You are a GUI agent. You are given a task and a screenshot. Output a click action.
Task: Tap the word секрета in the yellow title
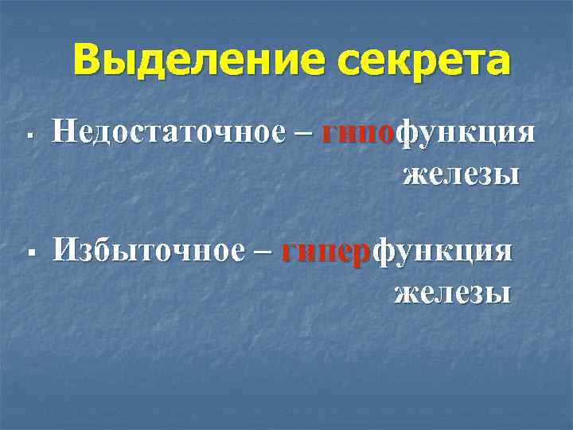(423, 61)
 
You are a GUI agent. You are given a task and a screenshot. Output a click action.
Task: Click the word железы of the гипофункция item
(462, 173)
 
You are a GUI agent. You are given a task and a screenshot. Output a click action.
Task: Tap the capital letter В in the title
(89, 61)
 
